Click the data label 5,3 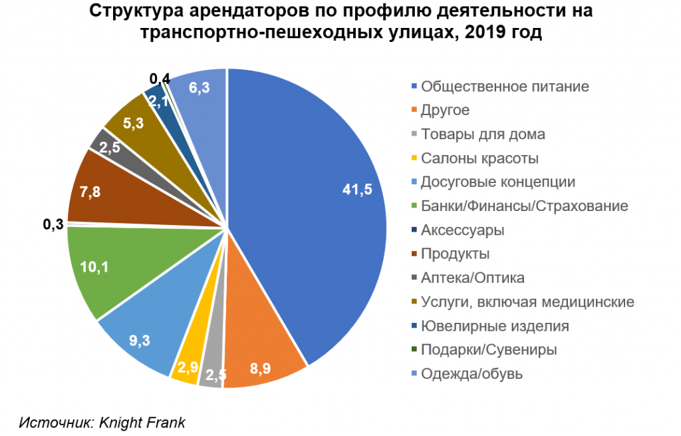coord(134,123)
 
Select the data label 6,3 coord(200,87)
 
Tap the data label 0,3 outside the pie coord(53,224)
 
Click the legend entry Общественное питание coord(505,87)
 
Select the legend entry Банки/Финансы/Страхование coord(525,206)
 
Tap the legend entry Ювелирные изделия coord(495,326)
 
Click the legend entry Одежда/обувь coord(472,374)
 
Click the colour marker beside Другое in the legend coord(415,110)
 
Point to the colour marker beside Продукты coord(415,254)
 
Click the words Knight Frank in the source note coord(144,423)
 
